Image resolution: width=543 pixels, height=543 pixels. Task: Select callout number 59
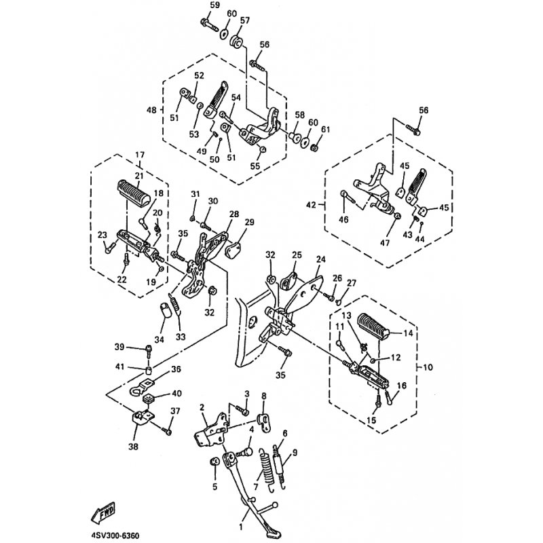click(x=215, y=5)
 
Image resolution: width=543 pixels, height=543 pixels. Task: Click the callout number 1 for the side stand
click(x=242, y=528)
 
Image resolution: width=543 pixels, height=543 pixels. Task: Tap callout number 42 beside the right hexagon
click(x=311, y=205)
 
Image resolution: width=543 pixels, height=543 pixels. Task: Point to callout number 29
click(x=249, y=222)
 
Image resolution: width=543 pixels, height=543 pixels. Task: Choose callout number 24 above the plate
click(x=320, y=259)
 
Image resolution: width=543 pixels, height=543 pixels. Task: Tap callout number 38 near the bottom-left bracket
click(x=133, y=447)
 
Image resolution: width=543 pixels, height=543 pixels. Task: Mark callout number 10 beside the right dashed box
click(x=428, y=367)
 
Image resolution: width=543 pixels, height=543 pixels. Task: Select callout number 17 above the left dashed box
click(x=140, y=155)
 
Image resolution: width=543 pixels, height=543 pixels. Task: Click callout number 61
click(x=326, y=130)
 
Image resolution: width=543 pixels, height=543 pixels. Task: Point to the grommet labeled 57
click(x=237, y=41)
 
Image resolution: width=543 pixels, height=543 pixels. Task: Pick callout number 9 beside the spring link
click(x=295, y=452)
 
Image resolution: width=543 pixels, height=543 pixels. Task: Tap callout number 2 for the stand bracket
click(x=202, y=408)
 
